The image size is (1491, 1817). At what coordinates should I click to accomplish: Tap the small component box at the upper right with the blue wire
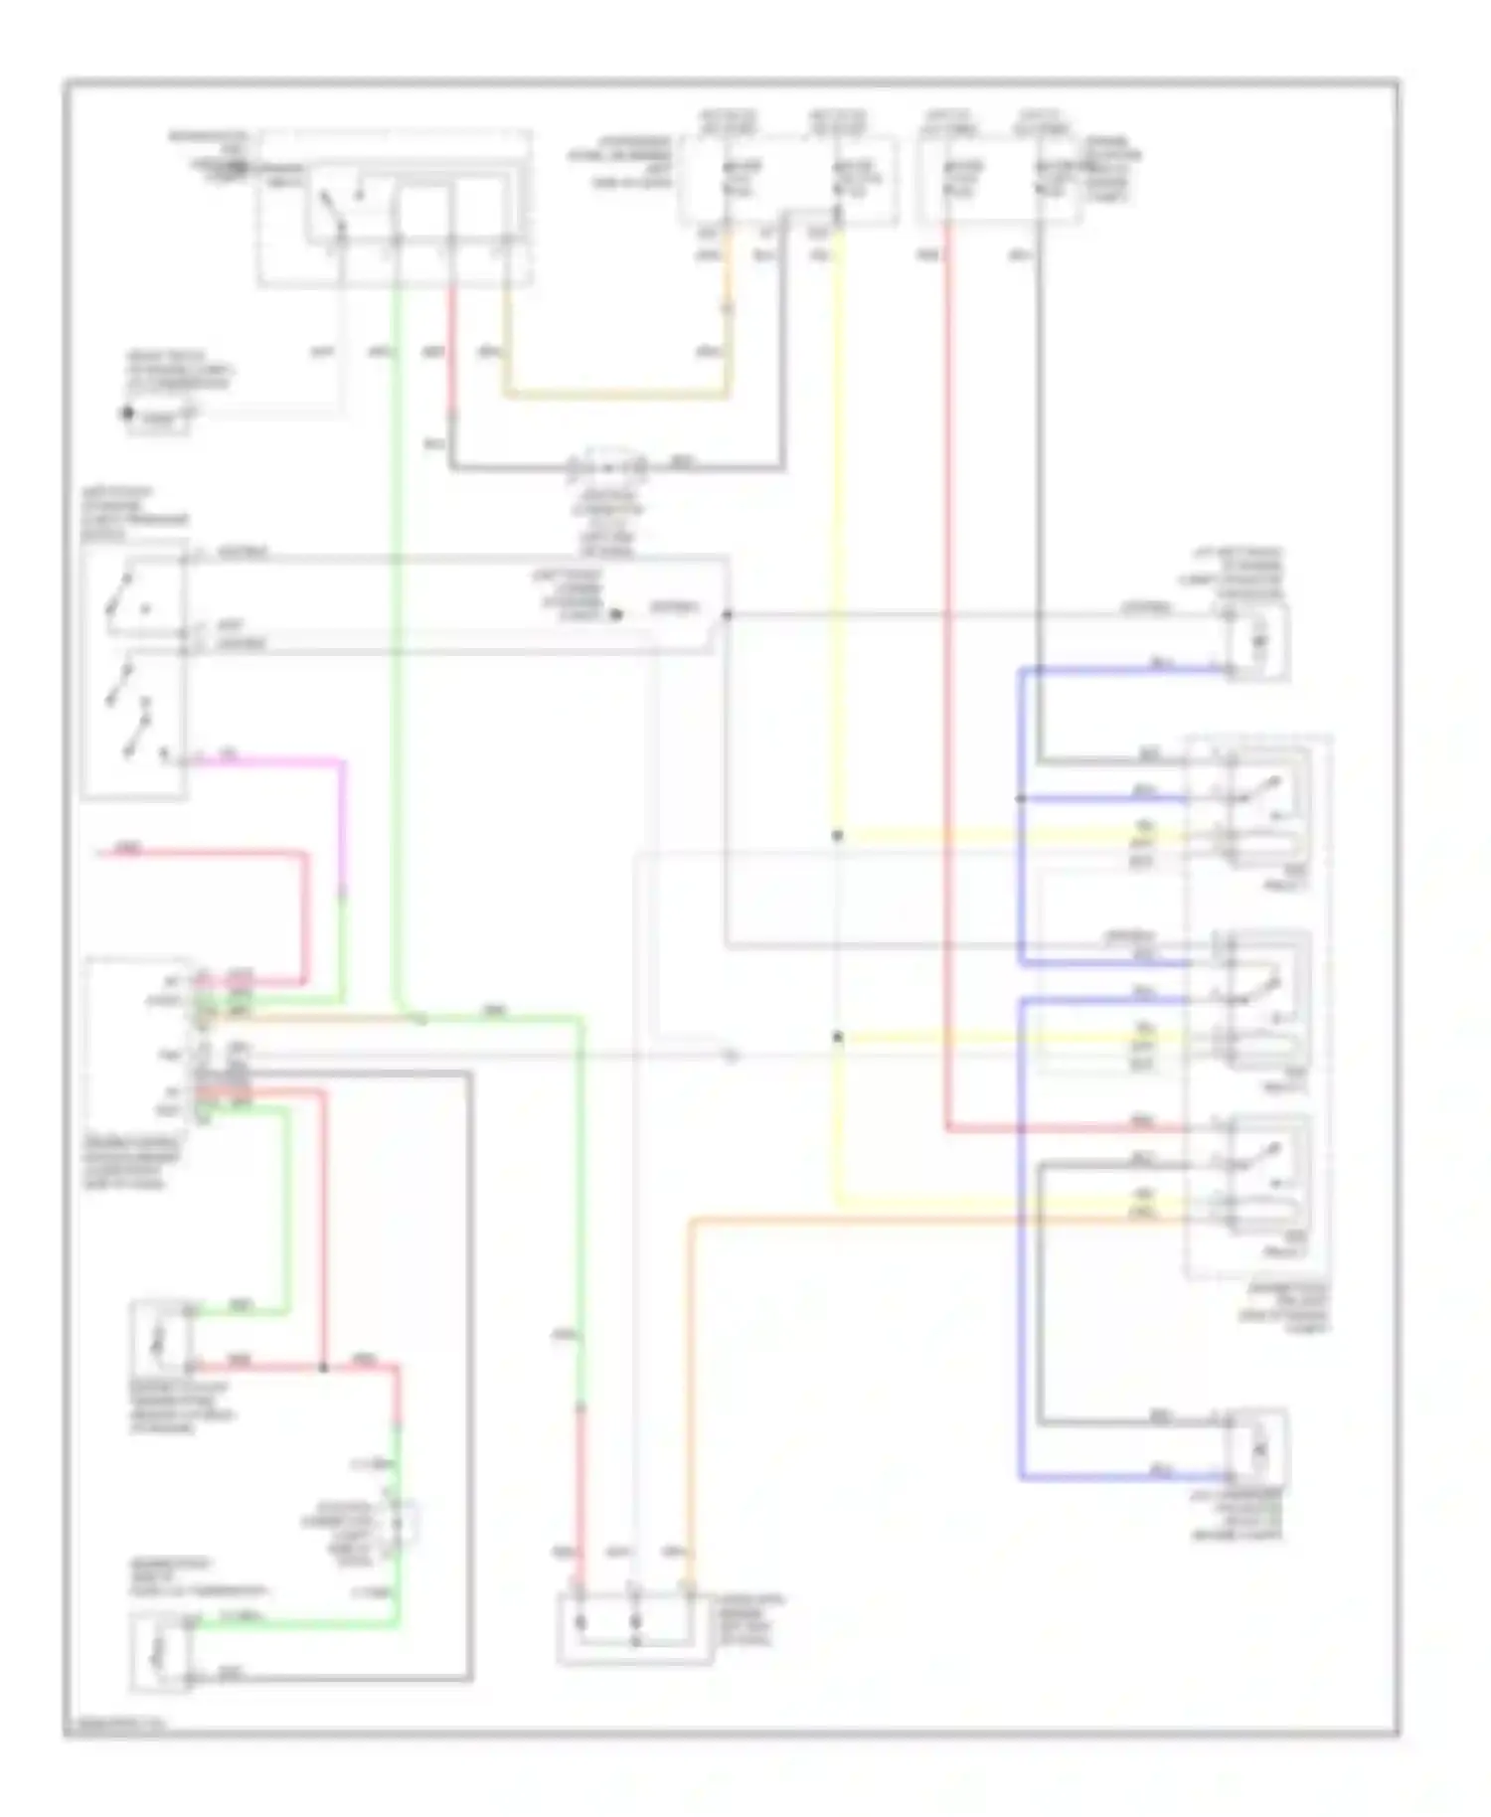[1258, 641]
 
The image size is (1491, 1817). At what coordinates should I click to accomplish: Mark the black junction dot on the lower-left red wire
[323, 1367]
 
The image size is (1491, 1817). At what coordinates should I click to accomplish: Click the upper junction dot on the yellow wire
[837, 836]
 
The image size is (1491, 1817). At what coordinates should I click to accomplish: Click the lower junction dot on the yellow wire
[837, 1038]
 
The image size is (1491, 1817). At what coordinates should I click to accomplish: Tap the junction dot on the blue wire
[1021, 798]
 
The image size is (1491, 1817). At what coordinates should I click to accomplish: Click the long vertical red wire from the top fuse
[945, 696]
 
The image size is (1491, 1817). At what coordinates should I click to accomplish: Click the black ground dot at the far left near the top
[127, 413]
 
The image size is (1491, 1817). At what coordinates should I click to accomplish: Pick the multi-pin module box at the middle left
[139, 1044]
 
